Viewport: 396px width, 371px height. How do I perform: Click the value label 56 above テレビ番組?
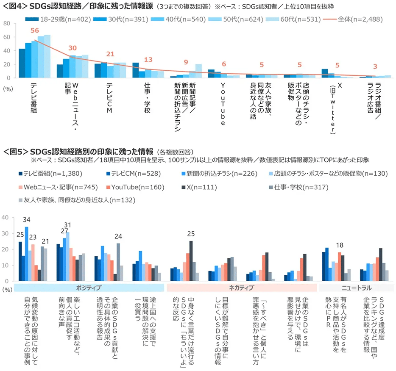click(x=34, y=30)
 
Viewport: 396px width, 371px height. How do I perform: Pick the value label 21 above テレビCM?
click(x=111, y=54)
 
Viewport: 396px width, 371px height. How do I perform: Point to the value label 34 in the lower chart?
click(x=27, y=220)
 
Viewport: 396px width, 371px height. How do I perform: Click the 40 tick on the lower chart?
click(x=6, y=217)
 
